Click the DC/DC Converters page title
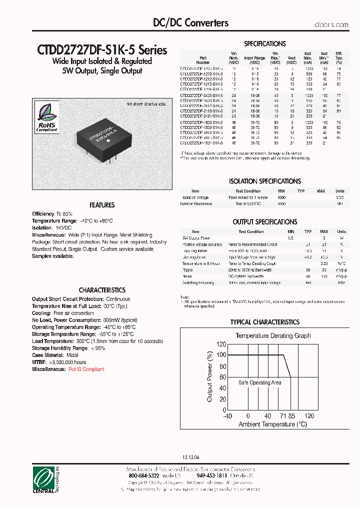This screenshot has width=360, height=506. coord(190,23)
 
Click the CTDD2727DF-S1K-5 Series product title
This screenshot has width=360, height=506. coord(102,50)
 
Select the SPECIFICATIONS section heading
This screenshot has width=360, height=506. coord(264,44)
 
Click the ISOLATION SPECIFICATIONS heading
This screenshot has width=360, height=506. coord(264,181)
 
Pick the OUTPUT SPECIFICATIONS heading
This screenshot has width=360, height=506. coord(264,222)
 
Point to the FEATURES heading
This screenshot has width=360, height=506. coord(102,205)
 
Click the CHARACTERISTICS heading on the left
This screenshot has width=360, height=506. coord(102,290)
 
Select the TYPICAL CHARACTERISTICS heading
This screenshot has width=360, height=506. coord(264,322)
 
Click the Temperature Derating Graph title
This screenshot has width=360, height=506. coord(273,335)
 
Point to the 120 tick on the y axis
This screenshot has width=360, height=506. coord(220,344)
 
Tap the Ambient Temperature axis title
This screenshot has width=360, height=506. coord(272,424)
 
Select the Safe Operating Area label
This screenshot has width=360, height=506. coord(259,383)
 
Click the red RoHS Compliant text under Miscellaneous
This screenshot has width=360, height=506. coord(86,369)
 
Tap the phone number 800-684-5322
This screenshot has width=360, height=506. coord(145,476)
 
